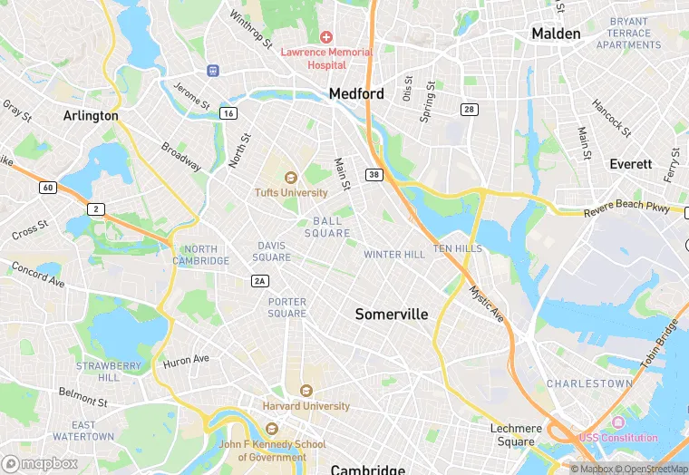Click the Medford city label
[356, 93]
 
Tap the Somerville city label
[391, 314]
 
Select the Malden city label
[555, 34]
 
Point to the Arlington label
[91, 116]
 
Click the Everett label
[630, 164]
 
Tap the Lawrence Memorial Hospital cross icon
[326, 37]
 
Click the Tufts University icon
[291, 178]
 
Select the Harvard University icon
[306, 391]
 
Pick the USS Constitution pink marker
[619, 423]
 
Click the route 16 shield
[228, 112]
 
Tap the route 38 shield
[374, 174]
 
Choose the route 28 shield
[469, 110]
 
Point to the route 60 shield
[47, 188]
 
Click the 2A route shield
[260, 281]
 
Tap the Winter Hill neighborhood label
[394, 255]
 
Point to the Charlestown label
[589, 383]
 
